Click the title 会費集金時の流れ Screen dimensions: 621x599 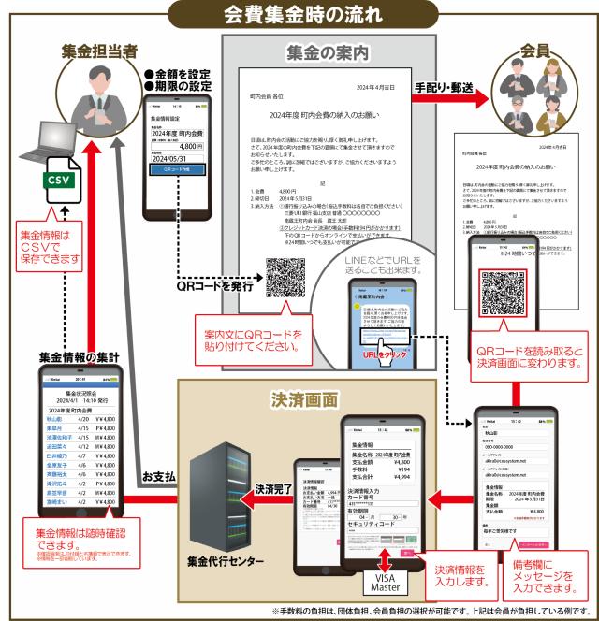coord(299,15)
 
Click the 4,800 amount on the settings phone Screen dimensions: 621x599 coord(184,147)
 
